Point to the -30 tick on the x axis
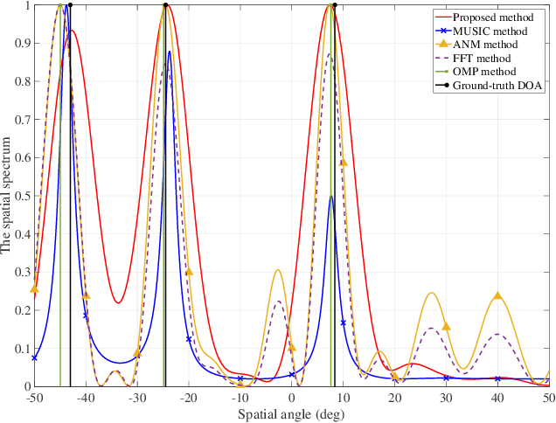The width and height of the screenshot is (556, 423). pyautogui.click(x=137, y=398)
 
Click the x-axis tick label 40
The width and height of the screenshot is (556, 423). pyautogui.click(x=497, y=398)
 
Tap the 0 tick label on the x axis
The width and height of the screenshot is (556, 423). pyautogui.click(x=292, y=398)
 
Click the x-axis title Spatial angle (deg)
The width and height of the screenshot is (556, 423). pyautogui.click(x=292, y=412)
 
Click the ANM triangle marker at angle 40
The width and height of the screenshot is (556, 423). pyautogui.click(x=497, y=295)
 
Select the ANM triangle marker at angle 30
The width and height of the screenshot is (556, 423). pyautogui.click(x=446, y=326)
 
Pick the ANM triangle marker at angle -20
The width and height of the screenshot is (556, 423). pyautogui.click(x=189, y=272)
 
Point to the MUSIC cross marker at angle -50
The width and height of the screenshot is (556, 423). pyautogui.click(x=34, y=357)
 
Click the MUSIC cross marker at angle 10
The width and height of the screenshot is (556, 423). pyautogui.click(x=344, y=322)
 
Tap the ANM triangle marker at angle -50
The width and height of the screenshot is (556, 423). pyautogui.click(x=34, y=288)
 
